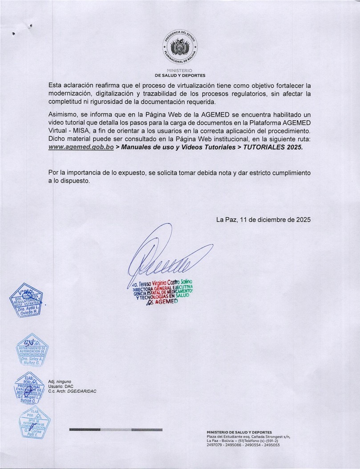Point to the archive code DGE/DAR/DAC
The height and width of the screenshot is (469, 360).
[82, 391]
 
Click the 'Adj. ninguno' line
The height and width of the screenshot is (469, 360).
[60, 382]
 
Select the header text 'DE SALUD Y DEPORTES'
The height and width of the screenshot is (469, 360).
[180, 76]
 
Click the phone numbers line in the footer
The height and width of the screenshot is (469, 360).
[243, 445]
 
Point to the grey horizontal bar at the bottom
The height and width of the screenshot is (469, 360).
[116, 429]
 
